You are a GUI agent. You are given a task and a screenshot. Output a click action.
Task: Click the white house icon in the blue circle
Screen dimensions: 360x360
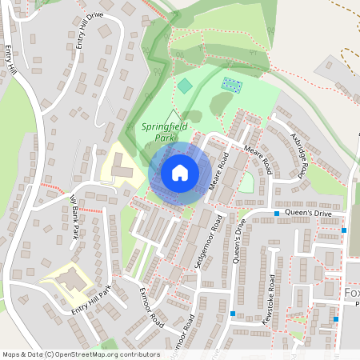(x=180, y=171)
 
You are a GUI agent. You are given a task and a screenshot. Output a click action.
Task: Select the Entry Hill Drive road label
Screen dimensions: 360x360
(x=90, y=30)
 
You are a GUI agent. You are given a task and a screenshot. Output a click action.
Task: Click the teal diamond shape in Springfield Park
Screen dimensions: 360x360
(x=185, y=85)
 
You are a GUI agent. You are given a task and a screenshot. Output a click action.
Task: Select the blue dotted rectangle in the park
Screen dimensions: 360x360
(x=232, y=84)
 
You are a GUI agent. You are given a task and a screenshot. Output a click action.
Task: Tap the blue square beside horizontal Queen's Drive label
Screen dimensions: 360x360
(x=277, y=214)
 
